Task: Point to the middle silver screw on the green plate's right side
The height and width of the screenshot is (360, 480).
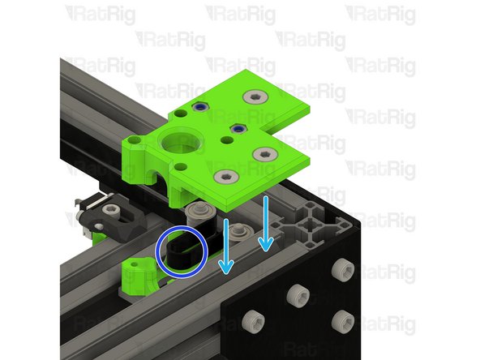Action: pyautogui.click(x=264, y=154)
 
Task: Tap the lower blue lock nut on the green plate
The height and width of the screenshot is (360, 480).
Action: pyautogui.click(x=238, y=128)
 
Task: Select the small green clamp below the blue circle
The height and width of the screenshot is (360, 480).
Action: pyautogui.click(x=139, y=278)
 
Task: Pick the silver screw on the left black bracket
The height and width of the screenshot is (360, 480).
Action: pyautogui.click(x=113, y=212)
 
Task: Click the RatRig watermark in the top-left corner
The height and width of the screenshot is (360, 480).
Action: pyautogui.click(x=100, y=14)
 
